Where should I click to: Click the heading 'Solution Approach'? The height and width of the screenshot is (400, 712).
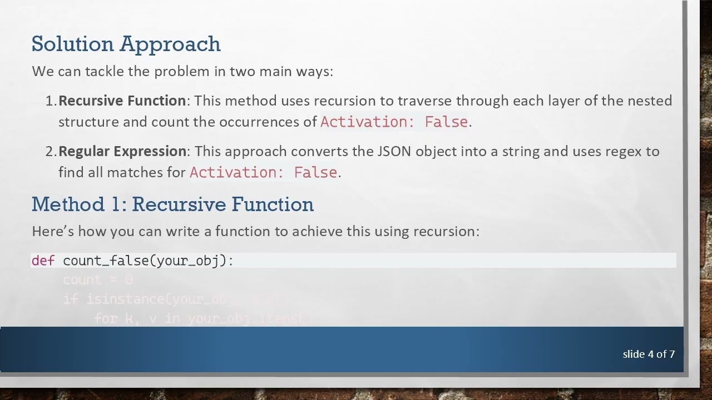point(126,44)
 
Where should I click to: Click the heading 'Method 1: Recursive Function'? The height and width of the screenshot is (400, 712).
point(172,204)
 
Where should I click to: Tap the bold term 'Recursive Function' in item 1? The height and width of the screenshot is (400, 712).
point(122,101)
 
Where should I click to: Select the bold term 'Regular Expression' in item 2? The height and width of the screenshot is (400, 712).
point(122,151)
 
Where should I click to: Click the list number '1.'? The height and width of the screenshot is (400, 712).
point(51,101)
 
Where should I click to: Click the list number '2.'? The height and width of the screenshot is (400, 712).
point(51,151)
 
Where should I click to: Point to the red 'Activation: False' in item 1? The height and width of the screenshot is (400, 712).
point(394,122)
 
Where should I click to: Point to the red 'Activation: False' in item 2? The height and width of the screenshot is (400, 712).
point(263,173)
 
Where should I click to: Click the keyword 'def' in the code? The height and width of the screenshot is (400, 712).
point(43,261)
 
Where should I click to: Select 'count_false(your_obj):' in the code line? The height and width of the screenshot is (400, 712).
point(148,261)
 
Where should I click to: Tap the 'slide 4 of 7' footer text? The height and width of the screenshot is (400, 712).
point(649,354)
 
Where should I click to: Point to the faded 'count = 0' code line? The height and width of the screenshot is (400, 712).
point(97,280)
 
